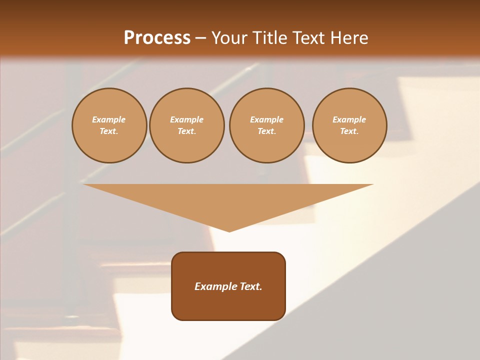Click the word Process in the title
tap(157, 38)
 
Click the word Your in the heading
tap(229, 38)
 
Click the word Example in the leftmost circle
tap(109, 119)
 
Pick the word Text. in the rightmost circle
tap(349, 131)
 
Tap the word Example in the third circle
tap(266, 119)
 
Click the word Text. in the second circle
tap(187, 131)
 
